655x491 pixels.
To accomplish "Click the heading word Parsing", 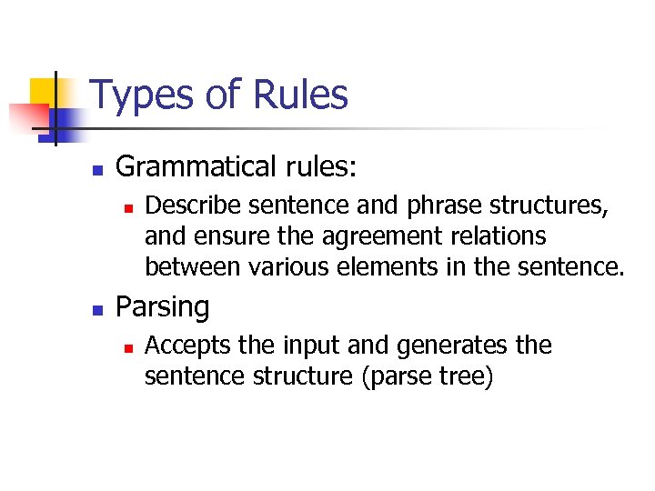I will point(162,307).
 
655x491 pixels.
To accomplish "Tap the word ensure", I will point(219,237).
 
